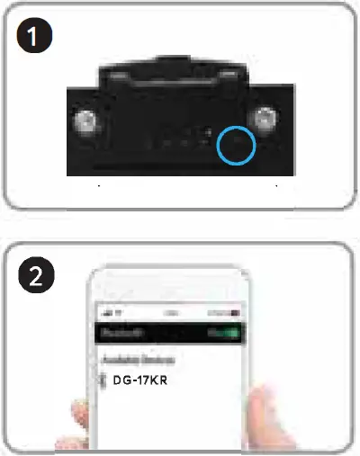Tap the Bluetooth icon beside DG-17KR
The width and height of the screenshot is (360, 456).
click(101, 381)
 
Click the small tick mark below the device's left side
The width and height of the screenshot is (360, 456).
click(97, 186)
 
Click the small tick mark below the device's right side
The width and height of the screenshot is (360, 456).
click(277, 186)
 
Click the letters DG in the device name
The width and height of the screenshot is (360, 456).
click(121, 381)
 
